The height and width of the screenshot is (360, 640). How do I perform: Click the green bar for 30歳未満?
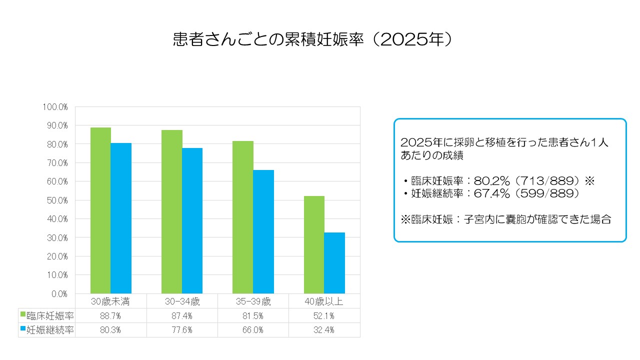(x=100, y=210)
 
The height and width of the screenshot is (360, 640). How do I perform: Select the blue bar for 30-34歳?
(x=192, y=220)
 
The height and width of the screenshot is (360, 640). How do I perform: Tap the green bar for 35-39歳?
(x=243, y=217)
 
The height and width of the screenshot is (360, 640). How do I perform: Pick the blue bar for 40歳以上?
(x=334, y=263)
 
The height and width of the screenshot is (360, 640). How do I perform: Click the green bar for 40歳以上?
(x=314, y=244)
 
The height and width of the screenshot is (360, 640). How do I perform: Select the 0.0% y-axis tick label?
(x=58, y=294)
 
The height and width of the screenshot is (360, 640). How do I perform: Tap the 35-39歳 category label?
(x=253, y=301)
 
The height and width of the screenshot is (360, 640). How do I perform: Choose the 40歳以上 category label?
(x=324, y=301)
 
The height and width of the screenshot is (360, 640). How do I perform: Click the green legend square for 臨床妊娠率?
(x=22, y=315)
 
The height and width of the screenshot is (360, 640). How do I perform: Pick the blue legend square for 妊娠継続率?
(x=22, y=329)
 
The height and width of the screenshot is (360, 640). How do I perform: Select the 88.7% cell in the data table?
(x=110, y=316)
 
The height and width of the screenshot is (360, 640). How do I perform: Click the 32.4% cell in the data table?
(x=324, y=330)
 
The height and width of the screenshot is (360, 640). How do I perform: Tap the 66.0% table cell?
(x=253, y=330)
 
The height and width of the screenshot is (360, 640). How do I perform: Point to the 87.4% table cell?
(x=182, y=316)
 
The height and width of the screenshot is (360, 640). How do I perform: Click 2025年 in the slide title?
(x=412, y=39)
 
